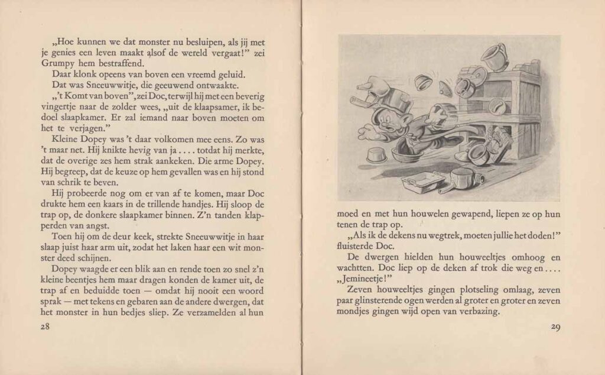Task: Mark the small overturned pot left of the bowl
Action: [376, 155]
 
